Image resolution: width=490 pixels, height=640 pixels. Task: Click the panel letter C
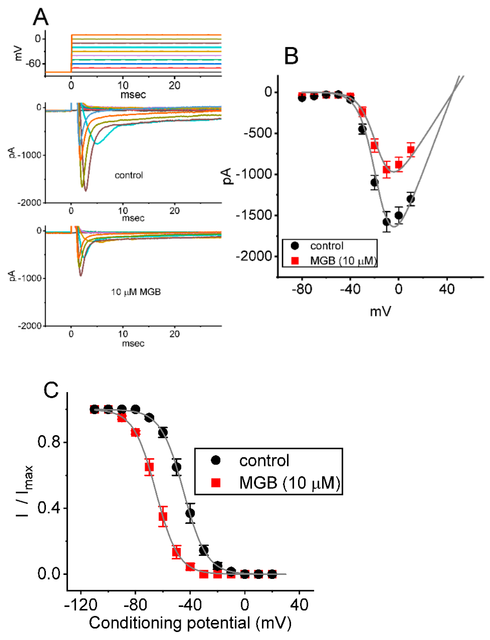(x=51, y=390)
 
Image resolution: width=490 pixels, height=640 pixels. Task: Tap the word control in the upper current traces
(x=129, y=175)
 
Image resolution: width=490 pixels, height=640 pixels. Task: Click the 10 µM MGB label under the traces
(x=136, y=292)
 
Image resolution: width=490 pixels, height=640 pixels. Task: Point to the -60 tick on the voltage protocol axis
(x=33, y=63)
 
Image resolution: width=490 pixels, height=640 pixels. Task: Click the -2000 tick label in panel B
(x=254, y=256)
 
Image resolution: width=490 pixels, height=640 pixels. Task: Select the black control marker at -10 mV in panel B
(x=386, y=222)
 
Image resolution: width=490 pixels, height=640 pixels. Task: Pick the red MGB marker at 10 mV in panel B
(x=411, y=150)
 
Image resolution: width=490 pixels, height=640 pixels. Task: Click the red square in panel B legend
(x=295, y=260)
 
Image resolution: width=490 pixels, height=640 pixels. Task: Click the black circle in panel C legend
(x=216, y=460)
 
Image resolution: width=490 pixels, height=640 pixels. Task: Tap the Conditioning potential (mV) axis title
(x=190, y=623)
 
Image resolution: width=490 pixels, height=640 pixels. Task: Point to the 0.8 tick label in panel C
(x=48, y=442)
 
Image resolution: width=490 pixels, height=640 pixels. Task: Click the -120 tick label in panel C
(x=81, y=604)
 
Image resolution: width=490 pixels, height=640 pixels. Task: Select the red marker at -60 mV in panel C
(x=163, y=516)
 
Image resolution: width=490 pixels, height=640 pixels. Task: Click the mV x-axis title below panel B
(x=380, y=312)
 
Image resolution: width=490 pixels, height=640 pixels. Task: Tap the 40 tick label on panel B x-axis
(x=447, y=289)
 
